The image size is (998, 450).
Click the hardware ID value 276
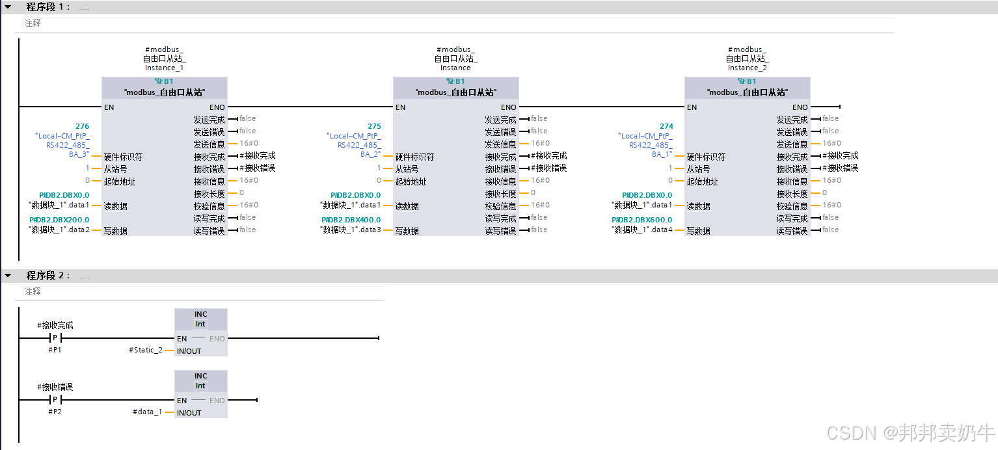coord(83,126)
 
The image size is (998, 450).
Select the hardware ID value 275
coord(374,126)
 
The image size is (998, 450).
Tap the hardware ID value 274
coord(666,126)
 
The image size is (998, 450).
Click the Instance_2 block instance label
coord(747,68)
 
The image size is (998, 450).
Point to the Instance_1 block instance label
coord(164,68)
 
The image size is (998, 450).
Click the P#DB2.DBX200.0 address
coord(60,220)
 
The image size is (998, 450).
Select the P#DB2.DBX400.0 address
coord(351,220)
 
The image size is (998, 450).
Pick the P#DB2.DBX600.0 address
coord(643,220)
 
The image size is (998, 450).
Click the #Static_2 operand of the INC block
coord(146,351)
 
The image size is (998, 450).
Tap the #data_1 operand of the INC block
coord(148,412)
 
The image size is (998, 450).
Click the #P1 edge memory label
coord(55,351)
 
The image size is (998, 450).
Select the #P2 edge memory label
coord(55,412)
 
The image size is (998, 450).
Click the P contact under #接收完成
coord(55,338)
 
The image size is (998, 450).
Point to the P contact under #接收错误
coord(55,400)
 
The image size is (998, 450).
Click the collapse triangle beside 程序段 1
coord(8,7)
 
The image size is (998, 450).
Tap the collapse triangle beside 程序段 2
coord(8,276)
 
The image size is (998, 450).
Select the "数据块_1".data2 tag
coord(60,230)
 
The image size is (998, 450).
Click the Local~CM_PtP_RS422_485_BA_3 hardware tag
coord(63,145)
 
